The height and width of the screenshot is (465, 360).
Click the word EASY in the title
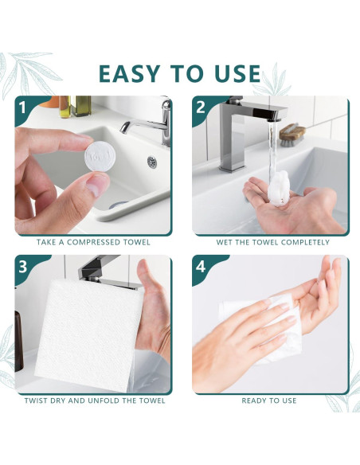pyautogui.click(x=129, y=73)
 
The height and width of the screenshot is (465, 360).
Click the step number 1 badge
pyautogui.click(x=22, y=108)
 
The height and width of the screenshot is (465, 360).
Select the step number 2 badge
pyautogui.click(x=201, y=107)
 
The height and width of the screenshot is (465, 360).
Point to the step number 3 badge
pyautogui.click(x=23, y=267)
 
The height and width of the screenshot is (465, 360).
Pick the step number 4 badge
pyautogui.click(x=201, y=267)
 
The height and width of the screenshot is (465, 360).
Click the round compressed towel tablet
pyautogui.click(x=100, y=156)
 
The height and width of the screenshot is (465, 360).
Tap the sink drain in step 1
pyautogui.click(x=152, y=162)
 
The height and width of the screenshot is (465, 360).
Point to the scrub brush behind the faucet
pyautogui.click(x=292, y=135)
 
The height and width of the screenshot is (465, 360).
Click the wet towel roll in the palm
pyautogui.click(x=278, y=188)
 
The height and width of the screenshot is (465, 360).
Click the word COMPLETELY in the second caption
pyautogui.click(x=305, y=242)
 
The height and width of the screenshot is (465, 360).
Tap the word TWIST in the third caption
pyautogui.click(x=36, y=401)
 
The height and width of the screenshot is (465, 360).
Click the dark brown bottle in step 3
pyautogui.click(x=18, y=341)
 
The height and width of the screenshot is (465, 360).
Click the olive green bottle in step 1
pyautogui.click(x=80, y=106)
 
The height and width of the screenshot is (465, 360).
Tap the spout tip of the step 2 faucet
pyautogui.click(x=274, y=119)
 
